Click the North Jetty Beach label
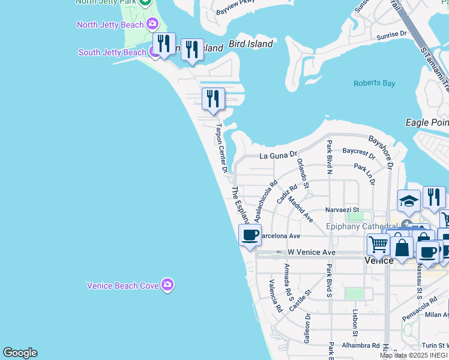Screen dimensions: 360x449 click(110, 25)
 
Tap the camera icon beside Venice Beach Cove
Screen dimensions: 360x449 click(167, 285)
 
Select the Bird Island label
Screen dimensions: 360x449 click(250, 44)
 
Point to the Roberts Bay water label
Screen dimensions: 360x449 click(374, 83)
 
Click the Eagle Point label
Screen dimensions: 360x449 click(427, 122)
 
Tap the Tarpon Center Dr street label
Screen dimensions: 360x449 click(221, 148)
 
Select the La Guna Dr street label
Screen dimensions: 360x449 click(278, 155)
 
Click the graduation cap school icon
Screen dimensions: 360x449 click(409, 201)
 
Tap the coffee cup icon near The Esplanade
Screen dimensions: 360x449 click(250, 235)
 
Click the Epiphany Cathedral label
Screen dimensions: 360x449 click(362, 226)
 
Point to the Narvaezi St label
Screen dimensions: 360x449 click(342, 210)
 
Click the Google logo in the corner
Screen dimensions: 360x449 click(20, 353)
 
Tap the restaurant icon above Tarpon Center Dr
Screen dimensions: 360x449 click(213, 98)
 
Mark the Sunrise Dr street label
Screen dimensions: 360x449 click(391, 35)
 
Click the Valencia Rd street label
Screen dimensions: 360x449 click(276, 296)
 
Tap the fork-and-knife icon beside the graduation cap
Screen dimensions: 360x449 click(434, 197)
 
